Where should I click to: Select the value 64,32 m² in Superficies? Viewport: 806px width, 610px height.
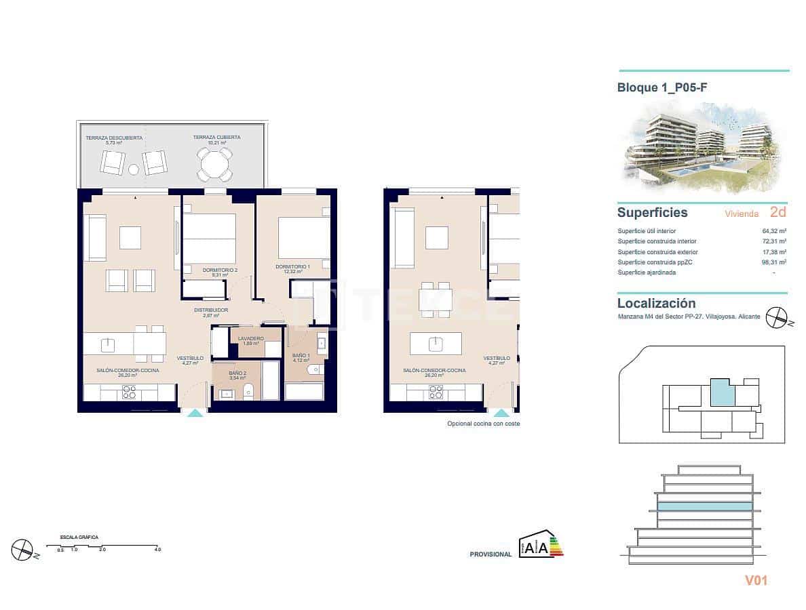(x=774, y=231)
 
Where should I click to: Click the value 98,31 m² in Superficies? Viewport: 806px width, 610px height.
(x=774, y=262)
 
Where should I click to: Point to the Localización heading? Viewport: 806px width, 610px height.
(x=656, y=304)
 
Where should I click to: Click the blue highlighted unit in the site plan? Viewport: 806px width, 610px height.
(x=723, y=392)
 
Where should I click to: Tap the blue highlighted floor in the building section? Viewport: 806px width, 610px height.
(x=705, y=506)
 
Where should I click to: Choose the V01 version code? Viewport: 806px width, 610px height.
(x=756, y=580)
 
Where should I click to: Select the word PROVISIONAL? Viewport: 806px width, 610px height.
(x=491, y=554)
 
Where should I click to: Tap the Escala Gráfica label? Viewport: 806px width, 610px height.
(x=79, y=537)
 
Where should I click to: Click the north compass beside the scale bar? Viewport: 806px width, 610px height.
(x=23, y=548)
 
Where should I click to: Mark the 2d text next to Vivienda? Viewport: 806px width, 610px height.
(x=778, y=213)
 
